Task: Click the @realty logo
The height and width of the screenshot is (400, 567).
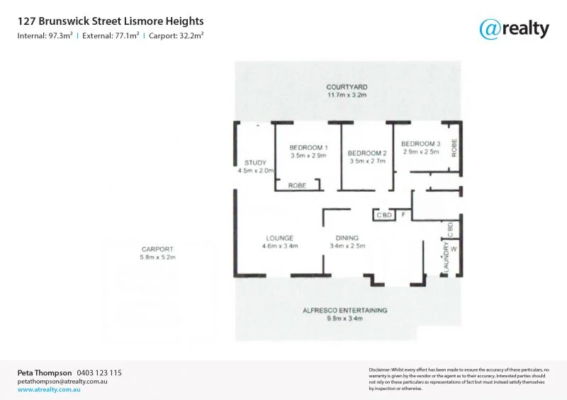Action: coord(514,28)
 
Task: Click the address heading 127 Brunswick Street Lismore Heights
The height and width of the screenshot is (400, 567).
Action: coord(111,22)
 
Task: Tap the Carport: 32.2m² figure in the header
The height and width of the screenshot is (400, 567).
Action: coord(176,35)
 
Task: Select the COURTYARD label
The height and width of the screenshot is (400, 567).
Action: coord(347,87)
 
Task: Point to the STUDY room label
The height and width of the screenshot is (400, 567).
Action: coord(255,163)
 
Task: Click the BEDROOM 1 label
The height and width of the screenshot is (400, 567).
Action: coord(308,147)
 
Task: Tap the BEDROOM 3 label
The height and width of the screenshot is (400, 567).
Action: coord(420,144)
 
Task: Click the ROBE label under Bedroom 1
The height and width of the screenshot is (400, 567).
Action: coord(297,185)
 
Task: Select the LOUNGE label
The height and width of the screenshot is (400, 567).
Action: coord(280,238)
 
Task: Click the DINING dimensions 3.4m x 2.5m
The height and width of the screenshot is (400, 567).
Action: coord(347,246)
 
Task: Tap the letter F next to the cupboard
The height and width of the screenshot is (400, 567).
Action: coord(403,215)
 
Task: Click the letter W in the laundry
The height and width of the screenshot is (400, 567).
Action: coord(453,249)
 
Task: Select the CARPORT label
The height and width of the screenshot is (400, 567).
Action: coord(157,249)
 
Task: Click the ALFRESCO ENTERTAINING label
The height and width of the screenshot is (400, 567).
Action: coord(345,310)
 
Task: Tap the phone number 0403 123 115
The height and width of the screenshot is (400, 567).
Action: coord(99,372)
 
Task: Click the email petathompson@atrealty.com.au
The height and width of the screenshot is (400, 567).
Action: coord(62,381)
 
